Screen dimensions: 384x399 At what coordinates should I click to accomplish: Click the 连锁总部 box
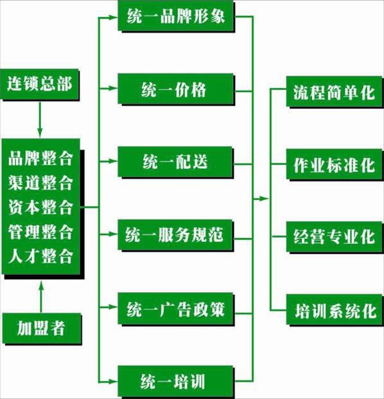(x=40, y=84)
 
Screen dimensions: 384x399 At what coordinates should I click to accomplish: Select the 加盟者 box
(x=42, y=328)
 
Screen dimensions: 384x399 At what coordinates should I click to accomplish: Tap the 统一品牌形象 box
(x=176, y=16)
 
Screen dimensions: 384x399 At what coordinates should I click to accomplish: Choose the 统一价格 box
(x=176, y=89)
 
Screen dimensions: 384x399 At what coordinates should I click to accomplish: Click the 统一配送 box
(x=176, y=162)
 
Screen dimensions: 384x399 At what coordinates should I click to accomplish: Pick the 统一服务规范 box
(x=176, y=236)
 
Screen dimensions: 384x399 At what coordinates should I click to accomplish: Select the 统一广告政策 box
(x=176, y=309)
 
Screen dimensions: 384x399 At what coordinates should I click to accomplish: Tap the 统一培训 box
(x=176, y=382)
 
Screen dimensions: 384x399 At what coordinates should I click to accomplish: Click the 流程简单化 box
(x=335, y=92)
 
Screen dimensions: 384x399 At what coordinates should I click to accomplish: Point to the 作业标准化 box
(x=335, y=165)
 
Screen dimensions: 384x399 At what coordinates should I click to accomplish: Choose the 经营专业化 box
(x=335, y=237)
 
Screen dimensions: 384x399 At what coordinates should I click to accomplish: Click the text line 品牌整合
(x=40, y=158)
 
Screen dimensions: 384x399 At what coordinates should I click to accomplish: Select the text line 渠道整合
(x=40, y=183)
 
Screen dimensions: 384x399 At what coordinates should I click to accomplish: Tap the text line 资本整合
(x=40, y=207)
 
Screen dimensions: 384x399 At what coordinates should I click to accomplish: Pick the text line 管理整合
(x=40, y=232)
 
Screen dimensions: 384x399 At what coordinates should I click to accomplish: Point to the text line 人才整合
(x=40, y=256)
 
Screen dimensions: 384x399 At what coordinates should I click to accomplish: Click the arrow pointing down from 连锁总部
(x=40, y=120)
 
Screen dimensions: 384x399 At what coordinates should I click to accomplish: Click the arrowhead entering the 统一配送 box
(x=113, y=161)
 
